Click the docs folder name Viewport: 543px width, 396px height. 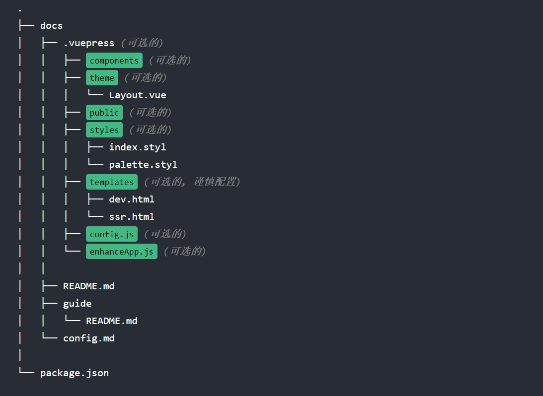pyautogui.click(x=51, y=26)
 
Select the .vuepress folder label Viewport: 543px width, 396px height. pyautogui.click(x=88, y=43)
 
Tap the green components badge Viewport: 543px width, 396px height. pyautogui.click(x=114, y=61)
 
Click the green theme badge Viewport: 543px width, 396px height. pyautogui.click(x=102, y=78)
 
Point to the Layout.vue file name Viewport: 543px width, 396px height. pyautogui.click(x=138, y=95)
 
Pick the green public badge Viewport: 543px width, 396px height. pyautogui.click(x=104, y=113)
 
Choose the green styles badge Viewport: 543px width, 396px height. pyautogui.click(x=104, y=130)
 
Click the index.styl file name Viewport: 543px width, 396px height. pyautogui.click(x=138, y=147)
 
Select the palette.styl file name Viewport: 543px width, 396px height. pyautogui.click(x=143, y=165)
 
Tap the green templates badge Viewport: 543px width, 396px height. pyautogui.click(x=112, y=182)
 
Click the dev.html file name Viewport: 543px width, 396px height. pyautogui.click(x=132, y=199)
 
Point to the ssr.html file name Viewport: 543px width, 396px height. pyautogui.click(x=132, y=217)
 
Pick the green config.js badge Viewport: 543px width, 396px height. pyautogui.click(x=112, y=234)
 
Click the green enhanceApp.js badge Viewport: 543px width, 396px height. pyautogui.click(x=122, y=252)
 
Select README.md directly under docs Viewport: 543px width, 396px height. pyautogui.click(x=88, y=286)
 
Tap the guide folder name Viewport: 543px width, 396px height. pyautogui.click(x=77, y=304)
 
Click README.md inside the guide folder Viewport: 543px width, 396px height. pyautogui.click(x=112, y=321)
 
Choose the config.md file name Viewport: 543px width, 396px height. pyautogui.click(x=88, y=338)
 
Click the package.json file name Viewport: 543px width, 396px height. pyautogui.click(x=75, y=373)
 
